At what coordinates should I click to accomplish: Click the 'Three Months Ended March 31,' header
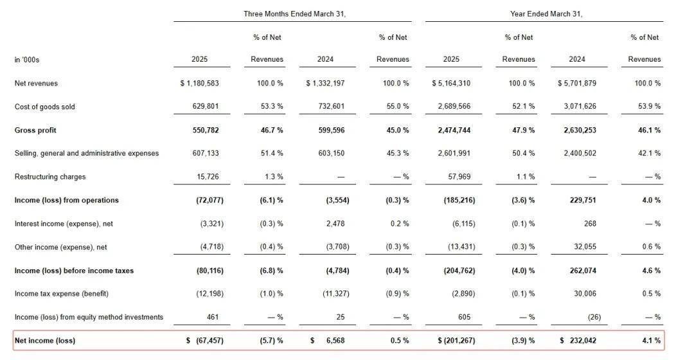coord(294,14)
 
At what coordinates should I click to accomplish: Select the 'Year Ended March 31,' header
coord(546,14)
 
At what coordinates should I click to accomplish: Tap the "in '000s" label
coord(26,59)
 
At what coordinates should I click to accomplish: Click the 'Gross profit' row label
coord(35,130)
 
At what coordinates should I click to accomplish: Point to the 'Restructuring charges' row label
coord(50,177)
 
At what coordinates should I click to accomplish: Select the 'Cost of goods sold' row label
coord(45,107)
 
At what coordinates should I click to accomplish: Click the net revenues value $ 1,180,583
coord(199,83)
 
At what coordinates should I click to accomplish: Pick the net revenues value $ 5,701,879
coord(576,83)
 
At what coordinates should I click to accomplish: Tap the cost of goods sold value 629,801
coord(206,106)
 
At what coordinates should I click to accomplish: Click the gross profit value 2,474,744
coord(454,130)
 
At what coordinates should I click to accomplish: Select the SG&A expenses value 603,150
coord(331,153)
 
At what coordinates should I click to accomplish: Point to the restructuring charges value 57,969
coord(459,177)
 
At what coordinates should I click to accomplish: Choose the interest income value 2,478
coord(335,224)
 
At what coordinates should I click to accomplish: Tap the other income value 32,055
coord(585,247)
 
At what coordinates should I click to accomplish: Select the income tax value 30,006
coord(585,294)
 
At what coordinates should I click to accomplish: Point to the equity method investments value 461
coord(213,317)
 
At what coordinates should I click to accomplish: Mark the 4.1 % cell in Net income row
coord(651,341)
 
